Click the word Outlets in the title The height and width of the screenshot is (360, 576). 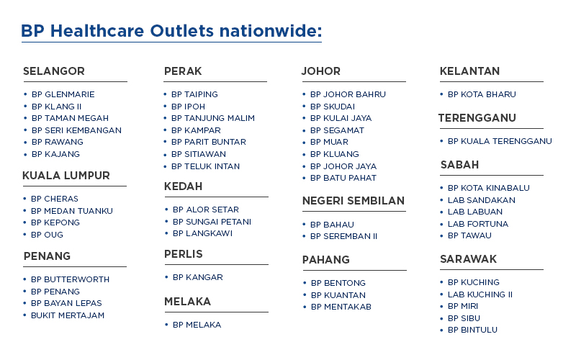click(181, 31)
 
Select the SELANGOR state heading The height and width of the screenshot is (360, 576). click(54, 71)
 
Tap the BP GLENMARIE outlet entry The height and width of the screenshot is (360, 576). click(63, 95)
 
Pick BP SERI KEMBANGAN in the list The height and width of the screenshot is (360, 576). click(76, 130)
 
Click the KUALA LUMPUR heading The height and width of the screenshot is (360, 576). click(66, 176)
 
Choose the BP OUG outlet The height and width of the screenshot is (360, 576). click(47, 235)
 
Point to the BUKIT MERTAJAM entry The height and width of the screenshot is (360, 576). click(68, 315)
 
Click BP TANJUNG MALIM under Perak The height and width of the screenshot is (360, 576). click(213, 118)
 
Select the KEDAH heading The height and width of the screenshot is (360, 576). click(184, 186)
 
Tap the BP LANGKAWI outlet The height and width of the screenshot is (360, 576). click(203, 233)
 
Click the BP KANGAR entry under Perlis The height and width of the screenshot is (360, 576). click(198, 277)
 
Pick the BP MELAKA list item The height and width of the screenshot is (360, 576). click(197, 325)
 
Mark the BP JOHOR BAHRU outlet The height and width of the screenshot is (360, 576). click(348, 95)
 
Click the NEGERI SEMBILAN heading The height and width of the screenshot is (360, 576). click(354, 201)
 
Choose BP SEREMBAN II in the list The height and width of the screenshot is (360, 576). click(344, 237)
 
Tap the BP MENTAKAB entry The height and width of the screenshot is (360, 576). click(341, 307)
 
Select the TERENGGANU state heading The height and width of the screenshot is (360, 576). click(477, 118)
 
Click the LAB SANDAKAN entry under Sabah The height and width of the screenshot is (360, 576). click(482, 201)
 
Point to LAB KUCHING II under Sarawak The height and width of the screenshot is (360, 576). click(480, 294)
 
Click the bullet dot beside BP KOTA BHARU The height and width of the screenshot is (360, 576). click(441, 94)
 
